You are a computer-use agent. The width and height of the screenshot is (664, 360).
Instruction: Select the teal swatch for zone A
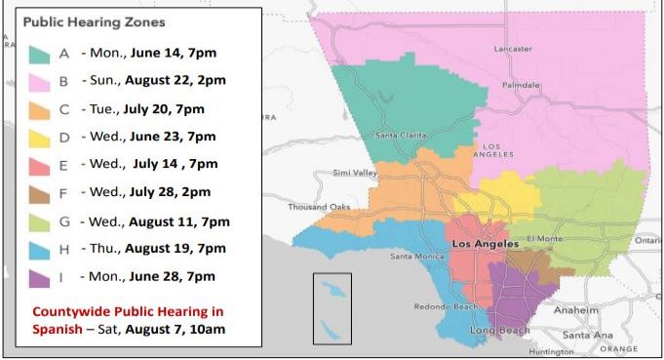coord(40,52)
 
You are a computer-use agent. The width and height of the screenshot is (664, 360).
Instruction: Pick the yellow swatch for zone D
coord(40,137)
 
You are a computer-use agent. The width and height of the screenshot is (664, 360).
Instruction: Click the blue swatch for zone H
coord(40,250)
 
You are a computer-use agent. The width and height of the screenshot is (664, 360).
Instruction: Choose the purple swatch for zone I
coord(40,278)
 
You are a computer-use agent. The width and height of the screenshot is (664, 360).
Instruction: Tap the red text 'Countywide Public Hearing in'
coord(128,311)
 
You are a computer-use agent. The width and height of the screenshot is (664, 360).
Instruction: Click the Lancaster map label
coord(513,48)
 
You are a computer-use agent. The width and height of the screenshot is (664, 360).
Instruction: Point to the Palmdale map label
coord(521,85)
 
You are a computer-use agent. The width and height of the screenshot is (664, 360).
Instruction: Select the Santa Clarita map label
coord(401,135)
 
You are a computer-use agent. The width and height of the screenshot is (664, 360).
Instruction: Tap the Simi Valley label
coord(355,173)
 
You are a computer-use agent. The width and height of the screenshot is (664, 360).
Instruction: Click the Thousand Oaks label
coord(317,207)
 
